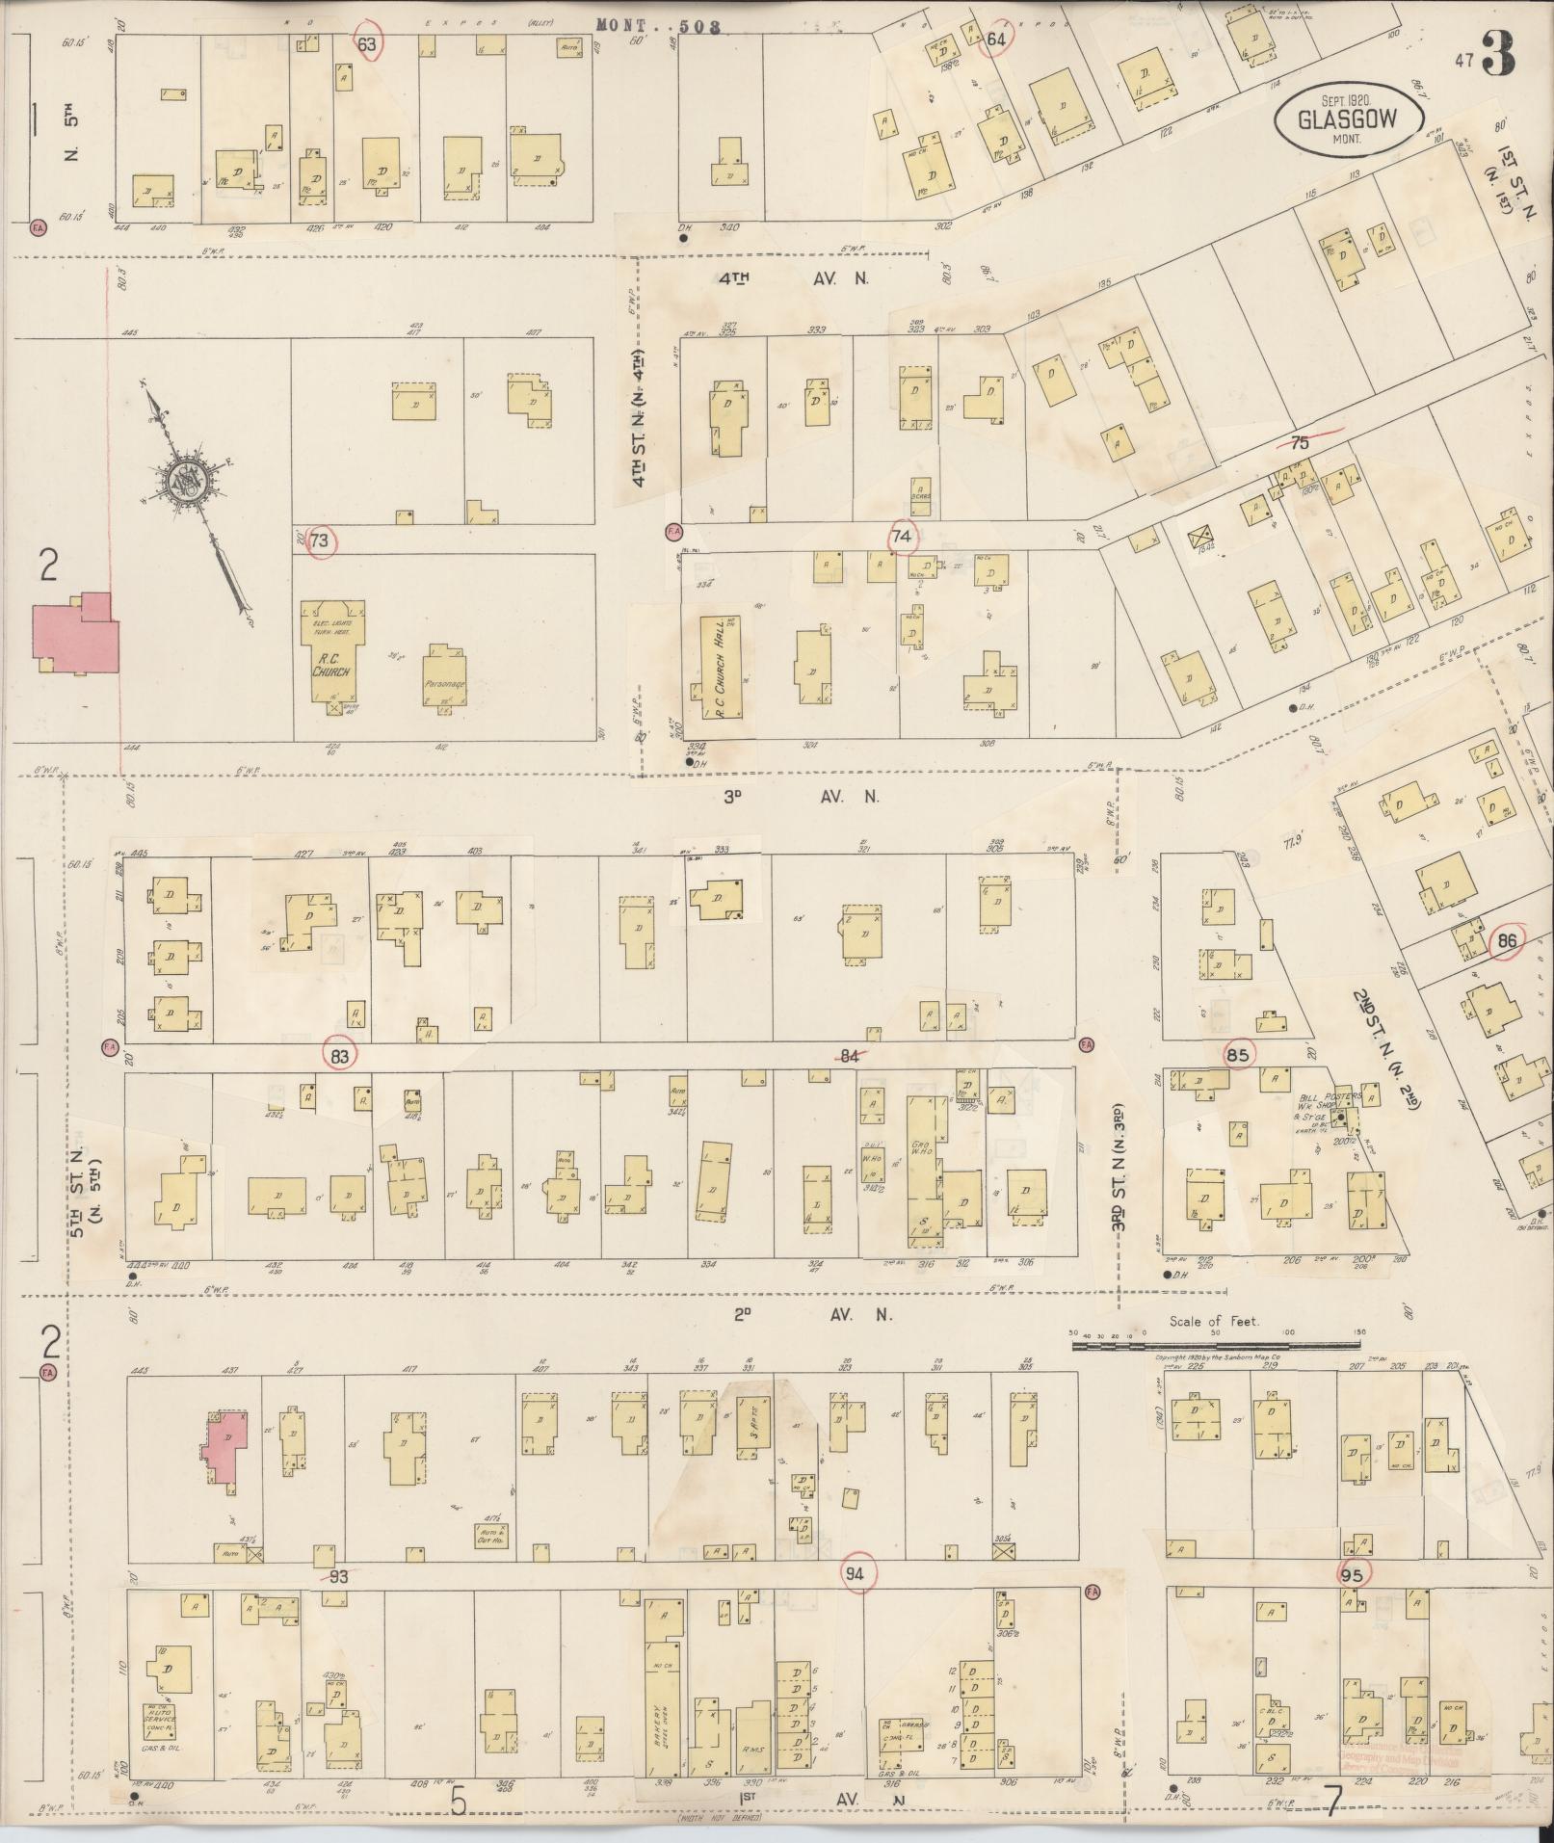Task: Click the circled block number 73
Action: point(320,541)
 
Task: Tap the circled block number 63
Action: point(367,43)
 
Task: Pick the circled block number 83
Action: point(339,1055)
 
